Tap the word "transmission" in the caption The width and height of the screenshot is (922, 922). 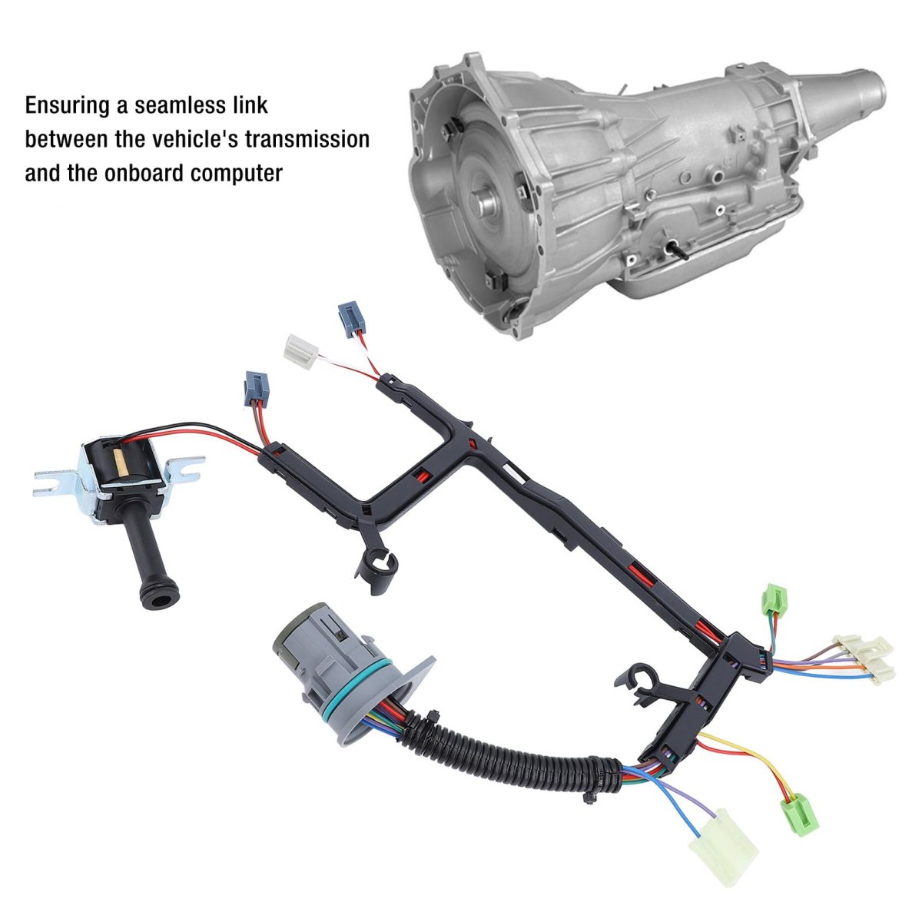[307, 140]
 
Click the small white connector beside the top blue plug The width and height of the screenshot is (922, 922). [301, 352]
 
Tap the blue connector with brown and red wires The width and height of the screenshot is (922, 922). [257, 390]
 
